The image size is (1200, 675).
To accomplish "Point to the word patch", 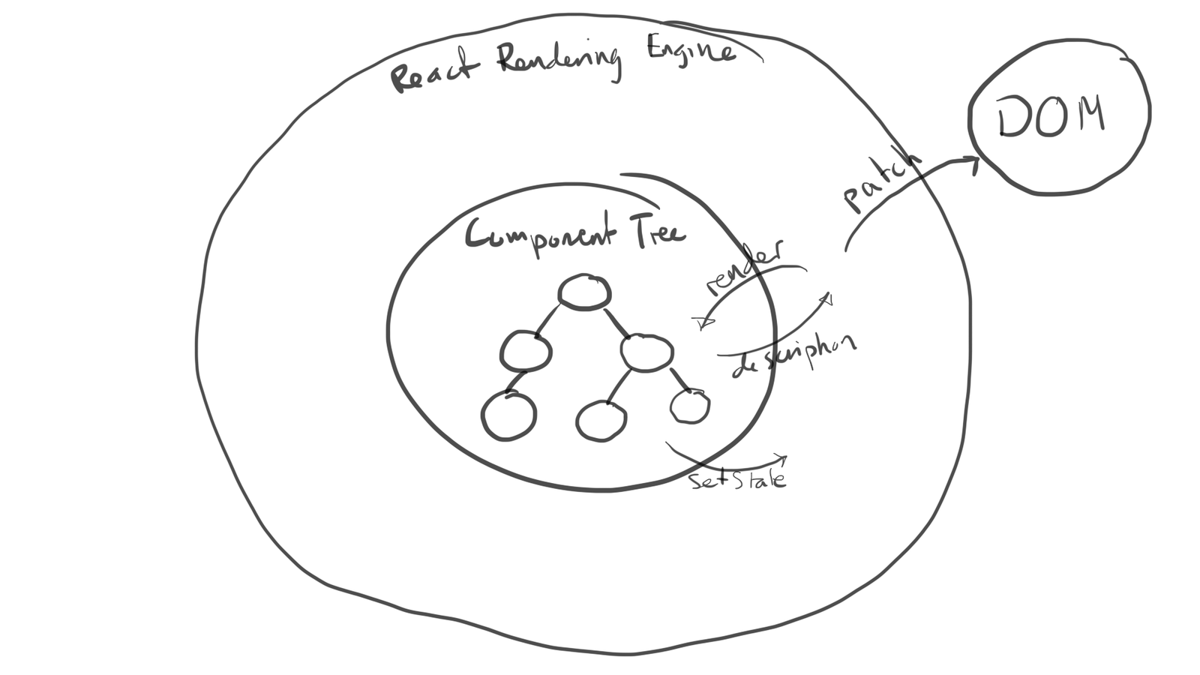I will point(881,184).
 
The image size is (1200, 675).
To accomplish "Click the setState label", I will point(738,479).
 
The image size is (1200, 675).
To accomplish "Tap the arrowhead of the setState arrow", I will point(781,457).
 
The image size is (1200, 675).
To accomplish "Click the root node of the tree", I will point(583,292).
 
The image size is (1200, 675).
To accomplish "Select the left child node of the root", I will point(526,350).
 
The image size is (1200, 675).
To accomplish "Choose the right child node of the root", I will point(646,352).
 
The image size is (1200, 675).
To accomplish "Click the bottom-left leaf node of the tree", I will point(508,415).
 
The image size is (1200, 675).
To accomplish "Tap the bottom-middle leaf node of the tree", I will point(601,420).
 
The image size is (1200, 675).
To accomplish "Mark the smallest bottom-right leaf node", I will point(689,406).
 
